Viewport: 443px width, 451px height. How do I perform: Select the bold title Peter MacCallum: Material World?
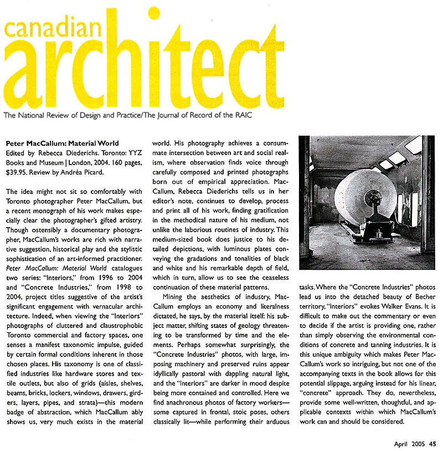[x=69, y=143]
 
